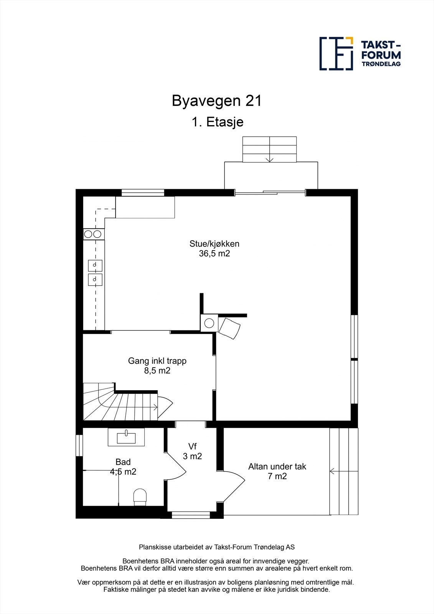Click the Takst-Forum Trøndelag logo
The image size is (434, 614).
pos(360,54)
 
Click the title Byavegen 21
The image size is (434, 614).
pos(217,101)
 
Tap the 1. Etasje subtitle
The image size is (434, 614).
pos(218,122)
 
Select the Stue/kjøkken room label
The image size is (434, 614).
pos(214,244)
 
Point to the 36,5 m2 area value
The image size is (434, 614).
pos(214,254)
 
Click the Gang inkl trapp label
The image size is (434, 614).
pos(157,361)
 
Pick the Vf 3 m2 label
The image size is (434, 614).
pos(192,451)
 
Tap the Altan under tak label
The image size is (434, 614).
pos(277,467)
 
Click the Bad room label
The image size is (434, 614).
pos(123,462)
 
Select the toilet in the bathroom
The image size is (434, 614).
pos(140,495)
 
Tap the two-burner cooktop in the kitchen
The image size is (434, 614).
pos(93,234)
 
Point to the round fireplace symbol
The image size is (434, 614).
pos(209,323)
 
